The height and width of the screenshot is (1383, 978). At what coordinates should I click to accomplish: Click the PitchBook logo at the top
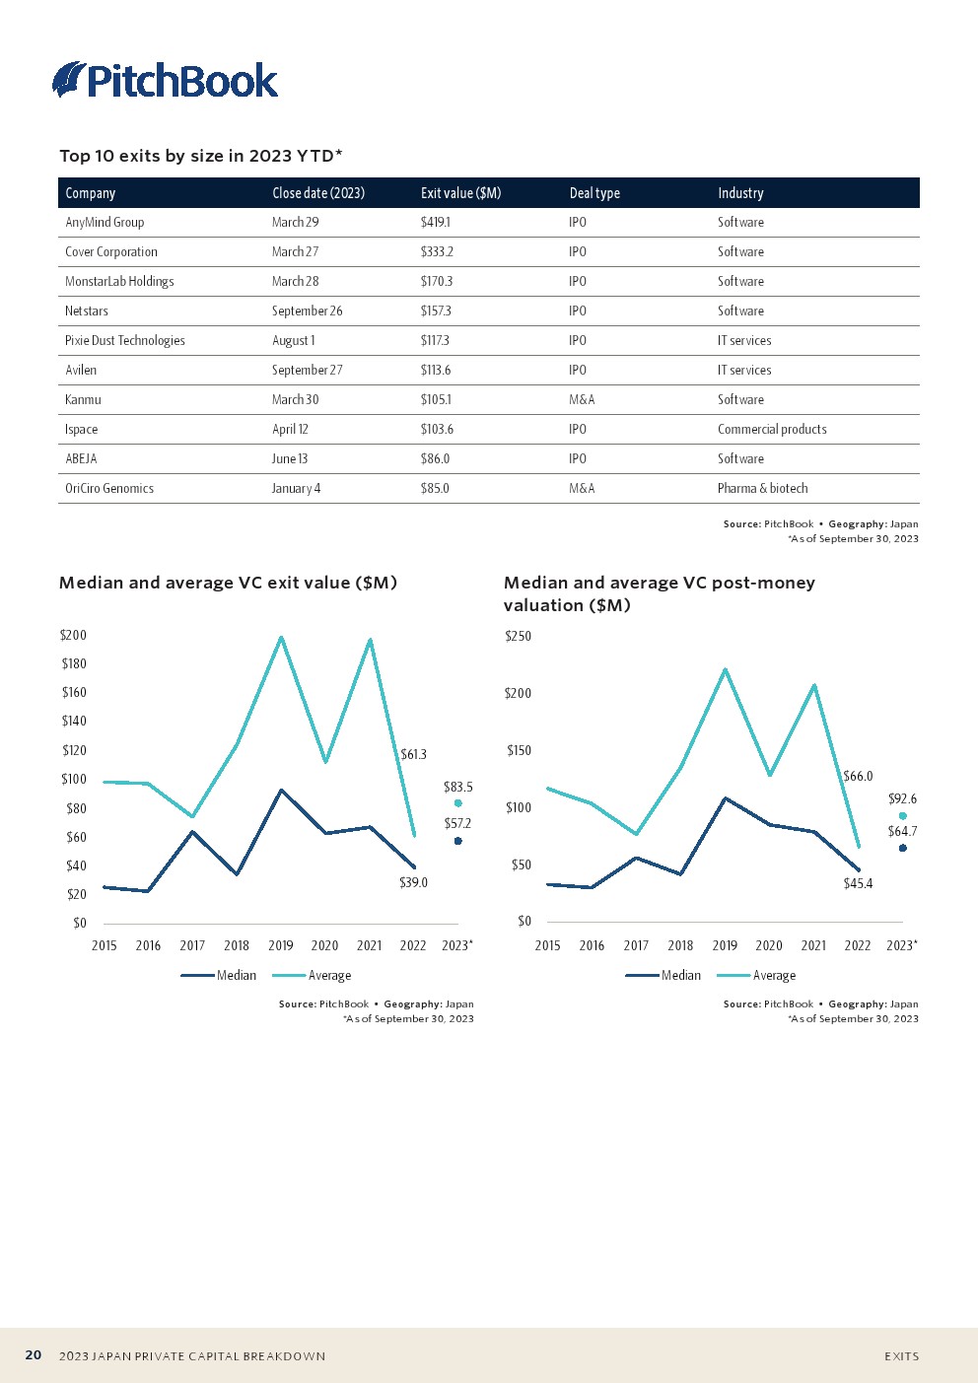click(x=165, y=80)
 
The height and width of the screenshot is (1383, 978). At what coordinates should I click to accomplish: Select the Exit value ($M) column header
click(x=460, y=193)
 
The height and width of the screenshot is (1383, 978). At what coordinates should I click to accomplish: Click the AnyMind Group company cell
click(x=105, y=223)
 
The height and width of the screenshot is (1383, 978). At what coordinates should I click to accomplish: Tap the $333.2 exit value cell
click(x=437, y=252)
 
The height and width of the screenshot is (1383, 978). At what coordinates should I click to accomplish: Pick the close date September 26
click(x=307, y=311)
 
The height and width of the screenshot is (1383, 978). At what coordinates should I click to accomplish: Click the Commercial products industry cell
click(x=772, y=430)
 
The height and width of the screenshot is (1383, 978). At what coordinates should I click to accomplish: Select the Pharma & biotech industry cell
click(x=762, y=489)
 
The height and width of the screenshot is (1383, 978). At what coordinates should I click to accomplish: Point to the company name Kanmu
click(x=83, y=400)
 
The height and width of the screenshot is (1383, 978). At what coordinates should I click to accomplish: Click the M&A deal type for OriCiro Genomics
click(x=582, y=489)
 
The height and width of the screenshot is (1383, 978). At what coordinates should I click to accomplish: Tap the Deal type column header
click(x=594, y=193)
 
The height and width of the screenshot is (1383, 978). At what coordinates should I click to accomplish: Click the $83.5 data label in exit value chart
click(x=457, y=787)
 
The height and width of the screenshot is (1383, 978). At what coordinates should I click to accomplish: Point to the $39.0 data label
click(x=413, y=882)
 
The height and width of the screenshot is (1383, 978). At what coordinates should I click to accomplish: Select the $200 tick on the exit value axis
click(x=74, y=636)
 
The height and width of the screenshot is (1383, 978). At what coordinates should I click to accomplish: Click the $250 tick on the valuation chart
click(x=518, y=637)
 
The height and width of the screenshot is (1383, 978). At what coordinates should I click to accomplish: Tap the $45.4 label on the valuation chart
click(x=858, y=883)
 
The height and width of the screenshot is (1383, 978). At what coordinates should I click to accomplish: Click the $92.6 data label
click(x=902, y=798)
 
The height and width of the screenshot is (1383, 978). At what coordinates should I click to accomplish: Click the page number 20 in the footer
click(x=34, y=1355)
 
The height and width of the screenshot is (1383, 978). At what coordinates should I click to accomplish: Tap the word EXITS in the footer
click(x=901, y=1356)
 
